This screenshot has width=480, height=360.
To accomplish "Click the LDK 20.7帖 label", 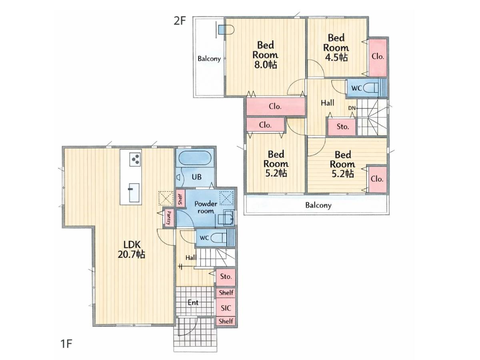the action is click(x=131, y=249).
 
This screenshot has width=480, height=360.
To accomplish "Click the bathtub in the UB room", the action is click(x=195, y=159).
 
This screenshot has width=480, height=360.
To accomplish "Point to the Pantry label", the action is click(x=169, y=218).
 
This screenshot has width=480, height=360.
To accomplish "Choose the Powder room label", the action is click(x=206, y=207).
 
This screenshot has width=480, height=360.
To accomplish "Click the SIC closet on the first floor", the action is click(x=226, y=308).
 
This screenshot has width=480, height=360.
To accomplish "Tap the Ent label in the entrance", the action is click(x=193, y=302).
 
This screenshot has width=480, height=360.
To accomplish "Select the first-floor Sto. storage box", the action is click(x=226, y=277).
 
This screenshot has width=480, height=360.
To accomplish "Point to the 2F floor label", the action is click(x=180, y=21).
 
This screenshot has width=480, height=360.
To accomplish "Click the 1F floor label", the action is click(x=66, y=344).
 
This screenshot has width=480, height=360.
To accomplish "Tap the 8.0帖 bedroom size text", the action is click(x=266, y=65).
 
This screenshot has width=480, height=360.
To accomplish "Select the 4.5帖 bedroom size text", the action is click(x=336, y=58).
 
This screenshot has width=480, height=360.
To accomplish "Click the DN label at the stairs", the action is click(x=352, y=108).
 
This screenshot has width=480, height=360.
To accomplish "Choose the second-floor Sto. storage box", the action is click(x=342, y=127).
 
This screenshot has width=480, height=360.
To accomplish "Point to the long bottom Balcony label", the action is click(x=318, y=205).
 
